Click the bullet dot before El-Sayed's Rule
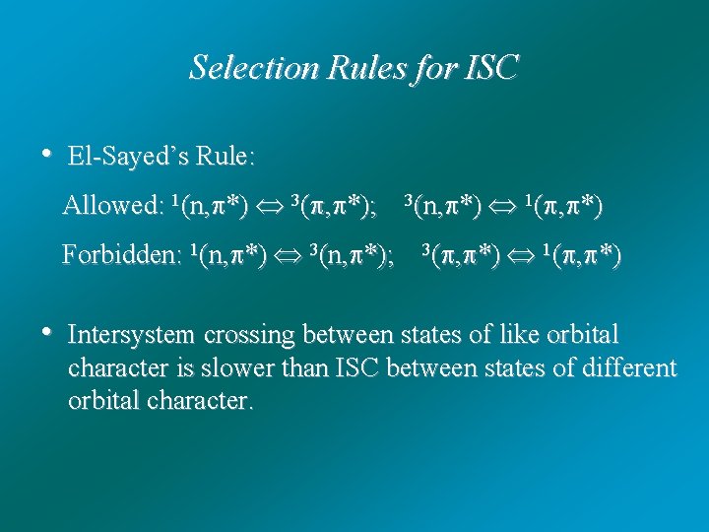point(45,154)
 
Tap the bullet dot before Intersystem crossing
point(45,333)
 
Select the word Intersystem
point(132,335)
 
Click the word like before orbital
point(527,335)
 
